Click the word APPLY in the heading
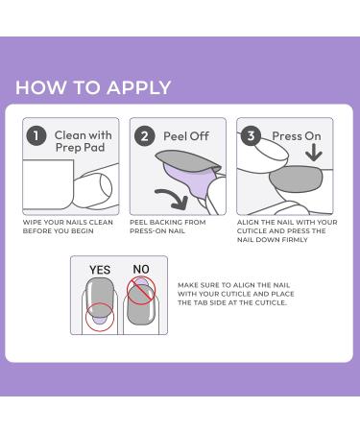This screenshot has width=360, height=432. (139, 87)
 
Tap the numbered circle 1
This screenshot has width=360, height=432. (36, 135)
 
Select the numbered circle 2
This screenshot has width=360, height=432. (145, 136)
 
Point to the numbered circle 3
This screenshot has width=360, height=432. (251, 135)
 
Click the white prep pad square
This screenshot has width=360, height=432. (48, 185)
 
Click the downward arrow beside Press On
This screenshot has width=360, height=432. (314, 153)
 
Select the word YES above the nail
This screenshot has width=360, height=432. (100, 270)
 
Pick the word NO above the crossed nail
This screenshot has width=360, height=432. (141, 270)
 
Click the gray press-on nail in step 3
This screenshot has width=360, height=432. (296, 180)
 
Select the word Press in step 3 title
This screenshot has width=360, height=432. (285, 136)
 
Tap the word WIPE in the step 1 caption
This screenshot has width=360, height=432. (32, 222)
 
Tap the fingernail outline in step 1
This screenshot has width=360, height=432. (106, 186)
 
